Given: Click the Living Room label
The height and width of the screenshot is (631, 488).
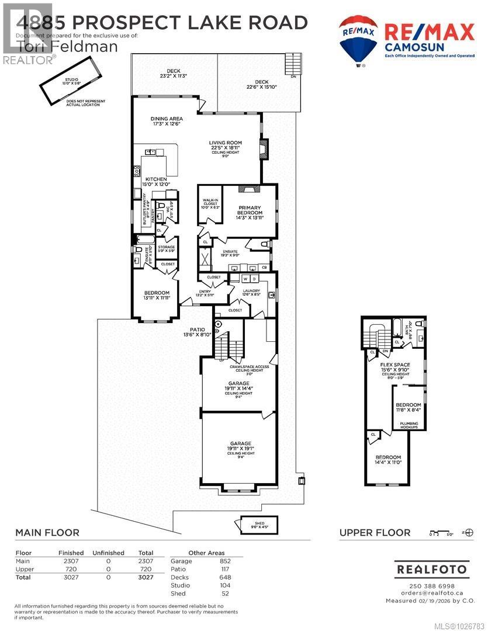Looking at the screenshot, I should tap(226, 143).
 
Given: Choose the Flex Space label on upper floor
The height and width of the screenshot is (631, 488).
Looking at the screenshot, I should tap(396, 366).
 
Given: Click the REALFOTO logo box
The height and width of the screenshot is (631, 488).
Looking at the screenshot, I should tap(431, 568).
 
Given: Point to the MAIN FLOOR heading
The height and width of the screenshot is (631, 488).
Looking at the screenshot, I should tap(47, 532).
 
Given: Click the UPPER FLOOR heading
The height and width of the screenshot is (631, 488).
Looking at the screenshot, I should tap(375, 532).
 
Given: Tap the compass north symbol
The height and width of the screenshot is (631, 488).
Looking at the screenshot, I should tap(468, 532).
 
